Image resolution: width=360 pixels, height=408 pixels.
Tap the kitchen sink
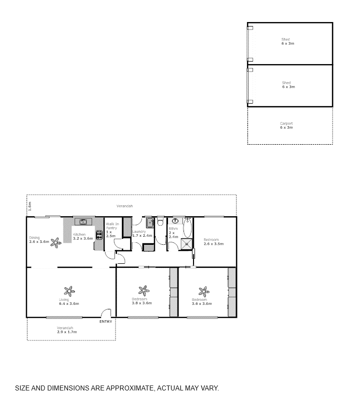coord(83,221)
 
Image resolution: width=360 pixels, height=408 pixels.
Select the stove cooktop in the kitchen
coord(99,234)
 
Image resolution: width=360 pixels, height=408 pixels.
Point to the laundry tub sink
coord(149,223)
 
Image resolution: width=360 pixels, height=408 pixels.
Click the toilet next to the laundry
coord(160,221)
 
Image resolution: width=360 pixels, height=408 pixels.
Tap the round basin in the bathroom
coord(175,221)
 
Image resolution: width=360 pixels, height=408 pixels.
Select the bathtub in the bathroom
coord(187,228)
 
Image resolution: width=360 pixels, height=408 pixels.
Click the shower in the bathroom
coord(186,243)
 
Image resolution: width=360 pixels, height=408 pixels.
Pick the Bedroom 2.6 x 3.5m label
coord(213,242)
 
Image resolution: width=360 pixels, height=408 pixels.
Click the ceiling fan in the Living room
coord(68,291)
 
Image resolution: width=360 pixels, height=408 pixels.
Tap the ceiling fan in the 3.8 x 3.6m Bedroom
coord(144,290)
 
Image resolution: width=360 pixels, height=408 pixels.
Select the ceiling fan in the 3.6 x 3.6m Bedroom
coord(203,291)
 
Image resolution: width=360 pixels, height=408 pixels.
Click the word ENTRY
coord(105,321)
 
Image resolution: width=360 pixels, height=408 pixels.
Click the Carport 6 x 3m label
coord(286,126)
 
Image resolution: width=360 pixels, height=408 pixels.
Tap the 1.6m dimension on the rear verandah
coord(29,205)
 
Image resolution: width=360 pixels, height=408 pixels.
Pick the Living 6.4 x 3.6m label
coord(68,302)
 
